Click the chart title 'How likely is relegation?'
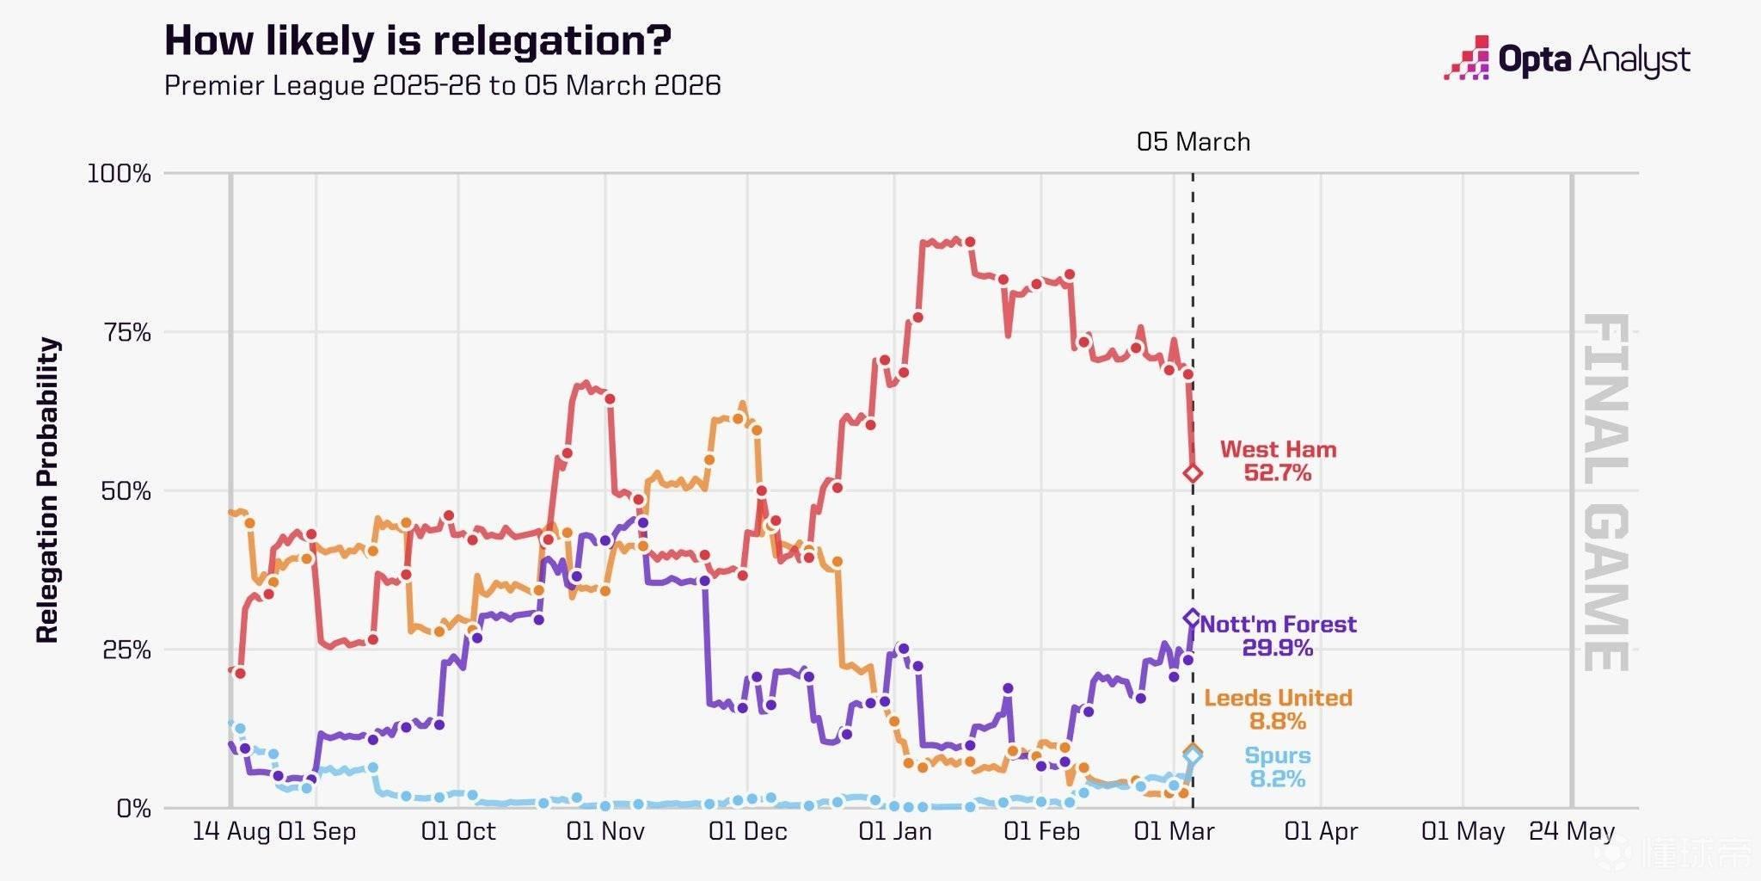pyautogui.click(x=418, y=40)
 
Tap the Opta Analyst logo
pyautogui.click(x=1567, y=59)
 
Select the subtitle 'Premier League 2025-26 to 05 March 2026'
pyautogui.click(x=442, y=85)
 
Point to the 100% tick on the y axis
pyautogui.click(x=119, y=174)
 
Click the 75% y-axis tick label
pyautogui.click(x=126, y=333)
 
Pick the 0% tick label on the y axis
pyautogui.click(x=133, y=809)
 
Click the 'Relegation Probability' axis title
pyautogui.click(x=48, y=490)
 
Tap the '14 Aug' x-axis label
pyautogui.click(x=230, y=831)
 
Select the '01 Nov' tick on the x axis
pyautogui.click(x=605, y=831)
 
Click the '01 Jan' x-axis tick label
pyautogui.click(x=894, y=831)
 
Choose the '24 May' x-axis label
pyautogui.click(x=1572, y=831)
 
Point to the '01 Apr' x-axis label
pyautogui.click(x=1321, y=831)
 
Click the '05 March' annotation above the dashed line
pyautogui.click(x=1193, y=142)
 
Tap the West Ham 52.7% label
pyautogui.click(x=1278, y=461)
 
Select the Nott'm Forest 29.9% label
pyautogui.click(x=1278, y=636)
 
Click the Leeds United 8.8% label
pyautogui.click(x=1278, y=709)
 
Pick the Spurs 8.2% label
pyautogui.click(x=1278, y=767)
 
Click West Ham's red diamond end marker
pyautogui.click(x=1193, y=473)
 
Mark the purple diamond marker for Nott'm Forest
pyautogui.click(x=1193, y=618)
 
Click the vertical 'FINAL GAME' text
pyautogui.click(x=1605, y=492)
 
